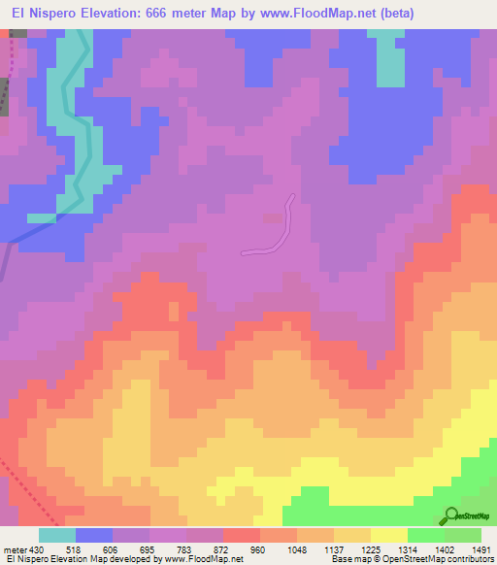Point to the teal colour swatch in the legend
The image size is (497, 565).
click(x=57, y=535)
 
